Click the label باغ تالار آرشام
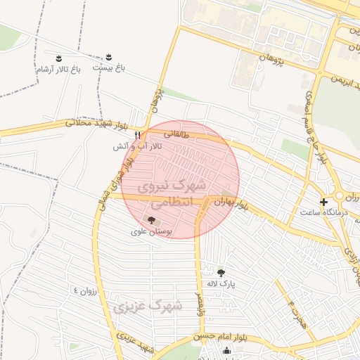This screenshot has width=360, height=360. click(x=58, y=70)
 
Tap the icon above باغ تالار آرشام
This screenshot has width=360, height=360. click(x=58, y=57)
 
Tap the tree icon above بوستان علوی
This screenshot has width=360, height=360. click(x=153, y=221)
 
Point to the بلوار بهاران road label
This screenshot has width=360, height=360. click(x=239, y=205)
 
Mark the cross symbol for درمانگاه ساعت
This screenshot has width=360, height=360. click(x=323, y=202)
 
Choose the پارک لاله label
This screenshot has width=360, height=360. click(x=221, y=284)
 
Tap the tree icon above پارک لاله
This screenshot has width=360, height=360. click(x=221, y=273)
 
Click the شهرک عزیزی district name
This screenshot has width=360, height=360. click(x=147, y=307)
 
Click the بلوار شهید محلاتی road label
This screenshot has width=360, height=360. click(x=96, y=124)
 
